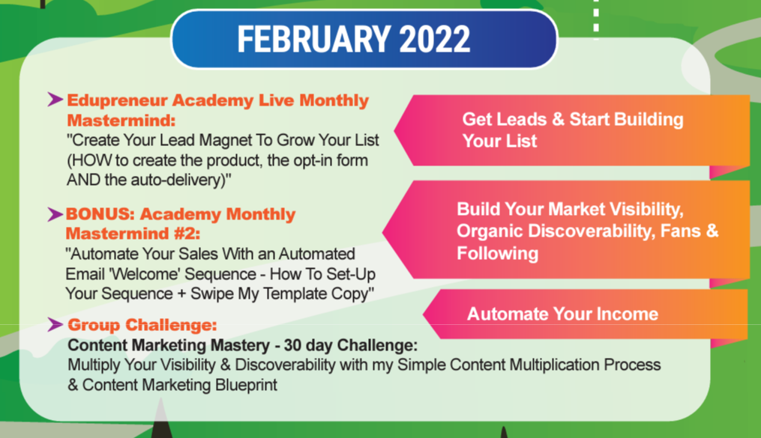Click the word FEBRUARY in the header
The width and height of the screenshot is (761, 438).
314,39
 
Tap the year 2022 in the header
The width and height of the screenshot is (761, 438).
435,39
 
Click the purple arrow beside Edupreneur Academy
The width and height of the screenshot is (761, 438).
55,100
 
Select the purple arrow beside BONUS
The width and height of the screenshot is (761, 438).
55,214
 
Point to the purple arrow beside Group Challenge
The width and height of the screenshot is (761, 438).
55,325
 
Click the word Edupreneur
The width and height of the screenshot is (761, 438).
117,101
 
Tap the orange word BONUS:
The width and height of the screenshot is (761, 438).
100,214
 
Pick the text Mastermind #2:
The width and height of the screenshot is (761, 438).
133,234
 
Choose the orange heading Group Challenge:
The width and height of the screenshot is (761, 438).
142,325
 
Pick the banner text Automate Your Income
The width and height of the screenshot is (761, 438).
562,314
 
